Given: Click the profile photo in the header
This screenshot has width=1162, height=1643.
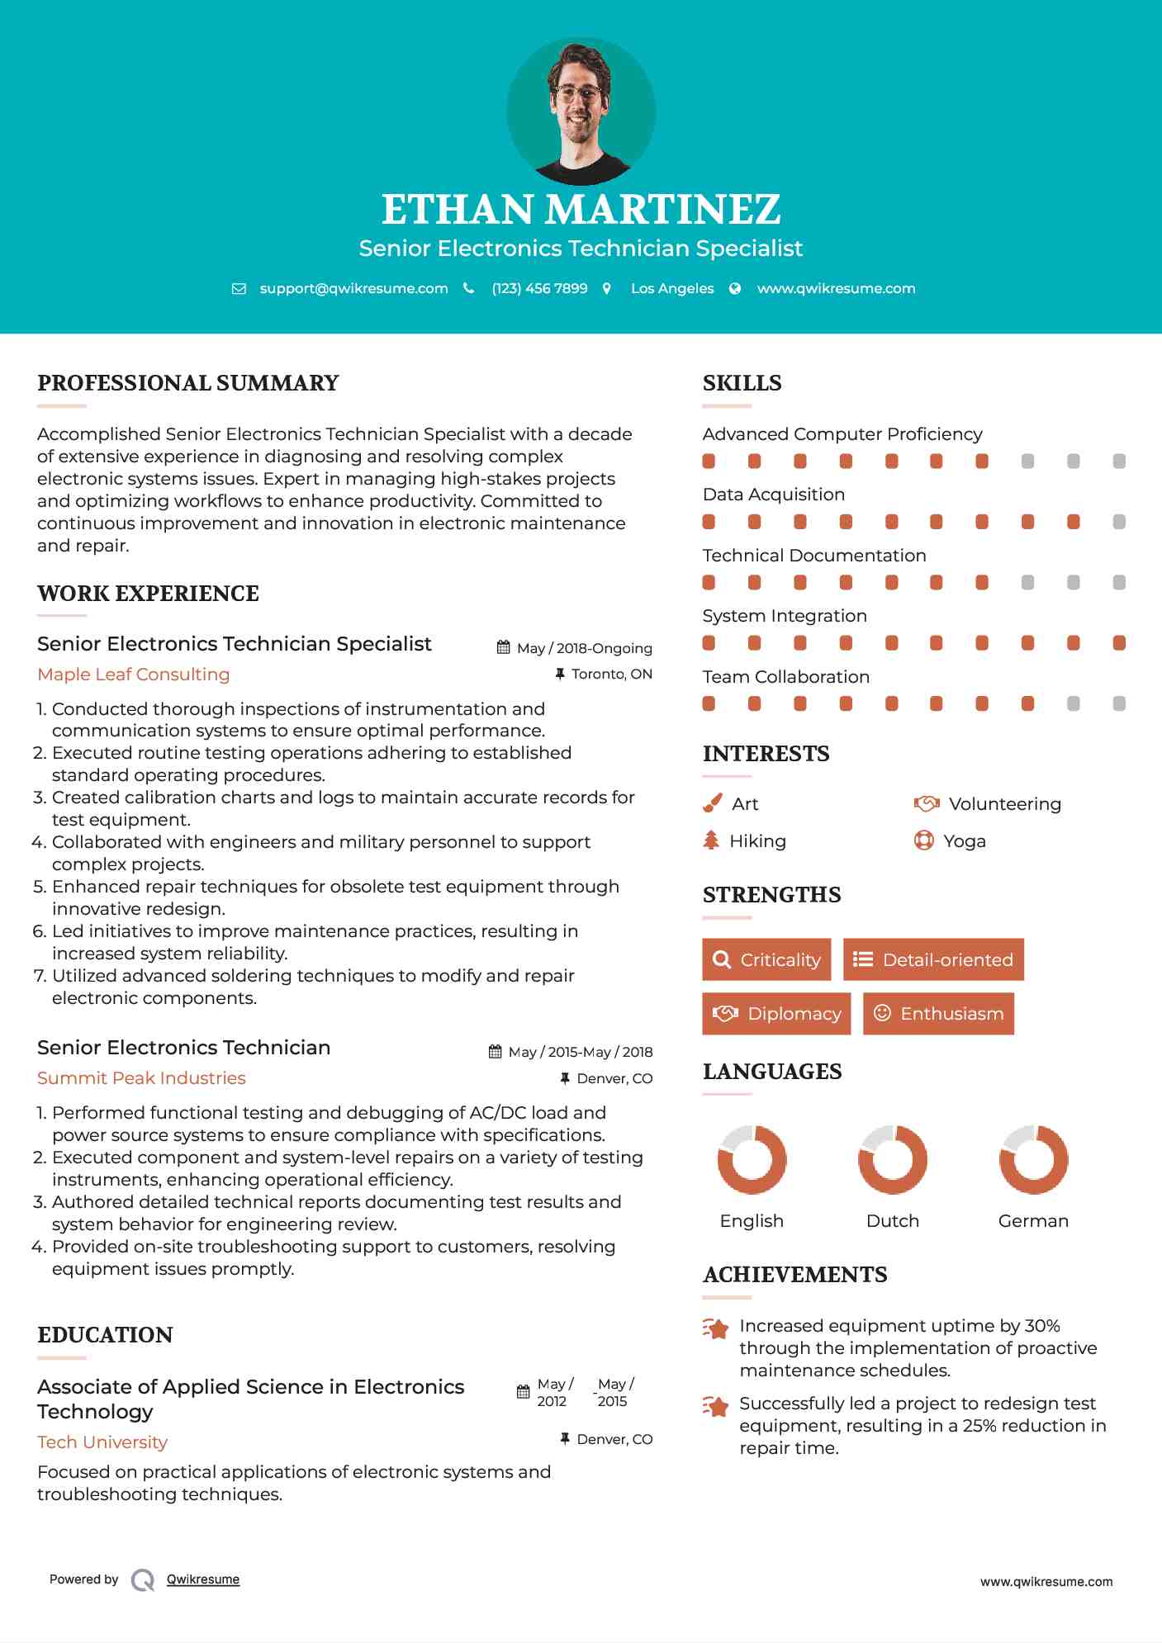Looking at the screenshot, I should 581,111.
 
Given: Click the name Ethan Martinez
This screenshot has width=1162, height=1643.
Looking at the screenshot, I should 581,210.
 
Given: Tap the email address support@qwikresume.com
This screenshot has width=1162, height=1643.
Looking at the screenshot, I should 353,288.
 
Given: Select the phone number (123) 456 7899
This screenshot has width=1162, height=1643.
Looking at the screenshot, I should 539,288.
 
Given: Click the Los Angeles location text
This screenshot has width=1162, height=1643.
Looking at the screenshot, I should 672,288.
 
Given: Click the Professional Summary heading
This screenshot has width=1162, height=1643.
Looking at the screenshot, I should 188,383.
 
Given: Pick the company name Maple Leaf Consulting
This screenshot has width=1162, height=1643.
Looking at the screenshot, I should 134,675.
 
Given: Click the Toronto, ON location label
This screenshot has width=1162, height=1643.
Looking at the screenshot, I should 611,675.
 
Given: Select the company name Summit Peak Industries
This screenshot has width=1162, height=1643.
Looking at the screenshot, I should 141,1078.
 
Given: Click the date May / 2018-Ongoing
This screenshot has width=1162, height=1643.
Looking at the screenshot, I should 584,648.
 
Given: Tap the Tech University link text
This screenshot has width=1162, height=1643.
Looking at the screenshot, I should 102,1442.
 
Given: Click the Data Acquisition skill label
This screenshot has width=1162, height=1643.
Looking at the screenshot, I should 774,495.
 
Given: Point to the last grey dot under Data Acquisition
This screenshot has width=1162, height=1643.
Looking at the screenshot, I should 1119,522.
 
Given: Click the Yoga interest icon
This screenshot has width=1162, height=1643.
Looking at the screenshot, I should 924,840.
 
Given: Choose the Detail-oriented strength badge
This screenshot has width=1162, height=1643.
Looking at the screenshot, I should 933,959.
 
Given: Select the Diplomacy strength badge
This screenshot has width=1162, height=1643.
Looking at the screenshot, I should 776,1014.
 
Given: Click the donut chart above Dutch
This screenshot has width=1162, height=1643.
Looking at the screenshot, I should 893,1160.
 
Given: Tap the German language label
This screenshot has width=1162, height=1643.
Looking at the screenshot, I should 1033,1221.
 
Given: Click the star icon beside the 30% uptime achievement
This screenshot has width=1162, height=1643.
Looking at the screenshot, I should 716,1328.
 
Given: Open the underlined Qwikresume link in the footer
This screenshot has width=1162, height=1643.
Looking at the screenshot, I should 203,1579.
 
